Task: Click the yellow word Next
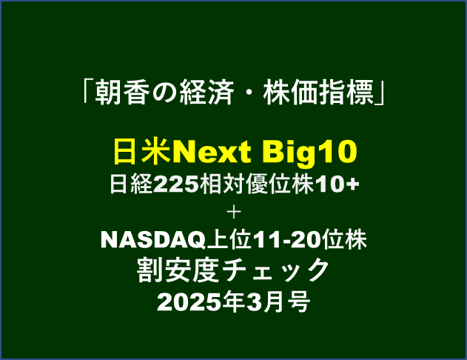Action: [x=211, y=152]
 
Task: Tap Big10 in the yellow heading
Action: [x=309, y=153]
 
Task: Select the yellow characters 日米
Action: [x=142, y=152]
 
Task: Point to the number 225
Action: [x=175, y=184]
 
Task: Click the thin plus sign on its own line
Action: [x=234, y=213]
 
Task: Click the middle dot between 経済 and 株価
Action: [x=247, y=93]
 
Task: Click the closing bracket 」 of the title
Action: [x=380, y=94]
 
